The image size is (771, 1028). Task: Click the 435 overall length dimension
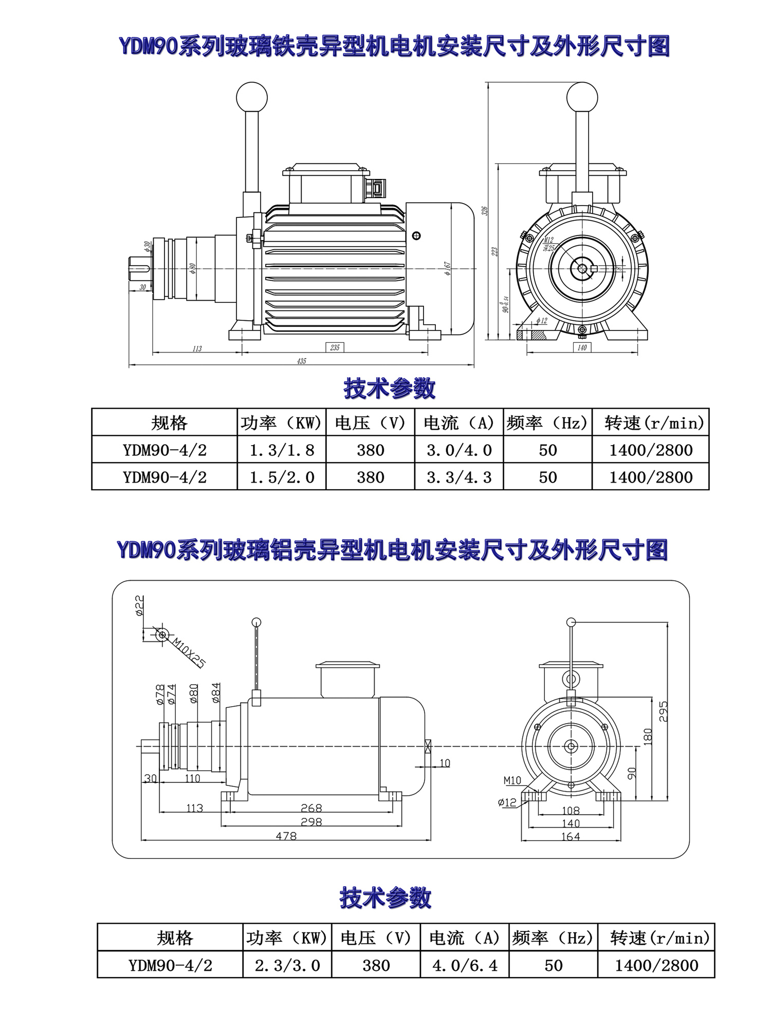tap(302, 361)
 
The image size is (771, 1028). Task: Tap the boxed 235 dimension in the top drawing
tap(335, 348)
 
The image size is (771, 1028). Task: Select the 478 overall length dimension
tap(286, 836)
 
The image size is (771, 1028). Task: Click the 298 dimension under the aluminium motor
tap(311, 822)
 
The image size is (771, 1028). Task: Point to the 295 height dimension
tap(663, 711)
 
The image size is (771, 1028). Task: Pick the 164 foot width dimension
tap(571, 837)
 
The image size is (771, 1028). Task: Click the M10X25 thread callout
tap(189, 652)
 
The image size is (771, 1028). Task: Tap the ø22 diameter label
tap(139, 605)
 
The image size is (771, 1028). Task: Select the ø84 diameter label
tap(216, 693)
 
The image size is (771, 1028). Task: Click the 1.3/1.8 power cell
tap(282, 450)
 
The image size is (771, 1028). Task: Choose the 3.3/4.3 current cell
tap(459, 478)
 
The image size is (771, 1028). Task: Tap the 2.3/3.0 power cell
tap(287, 966)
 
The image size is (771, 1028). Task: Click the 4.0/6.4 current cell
tap(465, 966)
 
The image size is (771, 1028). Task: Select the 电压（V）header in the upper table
tap(370, 423)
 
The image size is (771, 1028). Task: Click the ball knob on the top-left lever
tap(252, 97)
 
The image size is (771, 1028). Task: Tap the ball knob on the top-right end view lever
tap(582, 97)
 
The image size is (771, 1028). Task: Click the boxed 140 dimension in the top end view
tap(582, 348)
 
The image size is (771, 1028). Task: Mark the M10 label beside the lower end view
tap(512, 781)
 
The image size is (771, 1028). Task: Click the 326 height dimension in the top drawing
tap(484, 211)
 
